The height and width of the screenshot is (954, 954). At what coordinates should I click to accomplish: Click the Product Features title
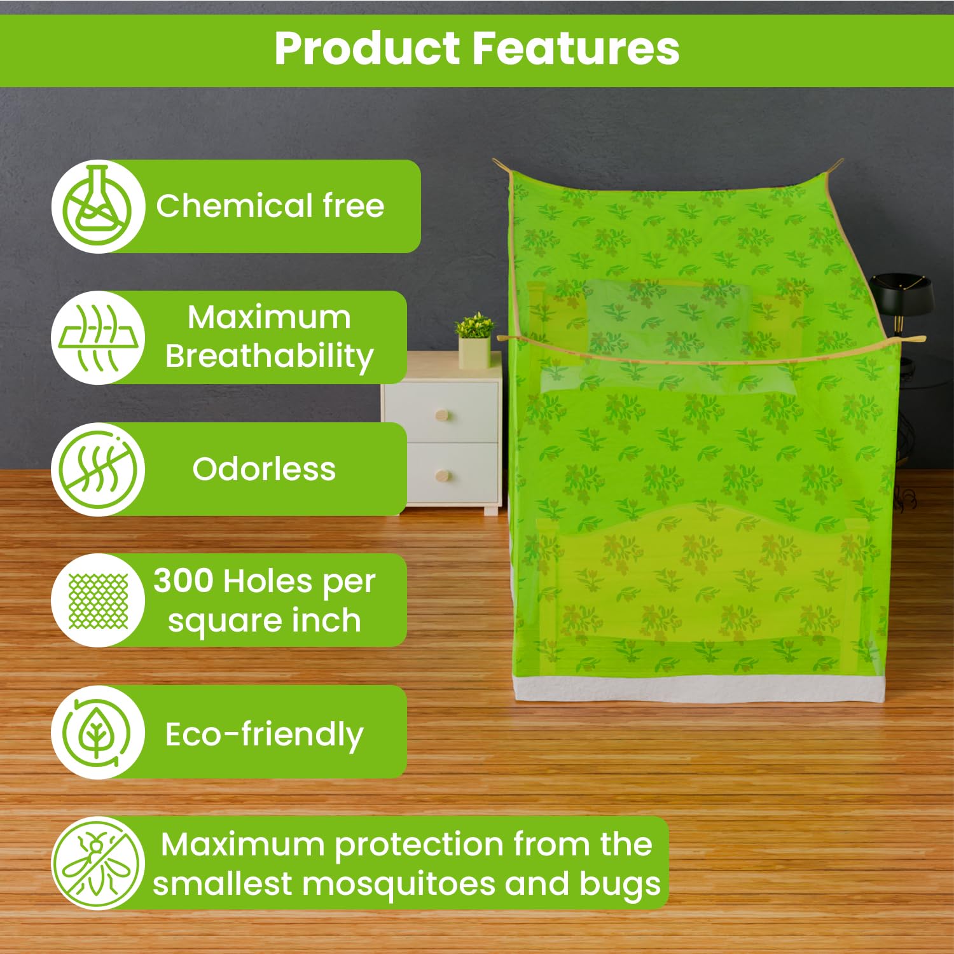(477, 49)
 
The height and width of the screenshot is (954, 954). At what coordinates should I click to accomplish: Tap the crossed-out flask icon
(98, 206)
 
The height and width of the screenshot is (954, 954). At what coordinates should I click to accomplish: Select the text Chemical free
(270, 205)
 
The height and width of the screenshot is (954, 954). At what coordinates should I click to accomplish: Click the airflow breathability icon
(98, 338)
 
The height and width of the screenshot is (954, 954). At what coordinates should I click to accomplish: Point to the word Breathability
(270, 357)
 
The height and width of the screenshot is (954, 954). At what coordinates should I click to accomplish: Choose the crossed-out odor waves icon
(98, 469)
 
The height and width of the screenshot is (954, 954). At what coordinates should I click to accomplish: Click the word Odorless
(264, 469)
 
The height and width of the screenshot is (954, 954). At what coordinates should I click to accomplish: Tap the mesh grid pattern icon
(98, 601)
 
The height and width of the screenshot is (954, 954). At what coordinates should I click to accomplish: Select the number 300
(183, 581)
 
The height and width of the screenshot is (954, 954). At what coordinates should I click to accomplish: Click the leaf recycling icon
(97, 733)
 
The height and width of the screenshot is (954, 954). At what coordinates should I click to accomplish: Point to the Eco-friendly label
(265, 735)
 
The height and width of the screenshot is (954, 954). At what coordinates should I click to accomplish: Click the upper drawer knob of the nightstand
(442, 416)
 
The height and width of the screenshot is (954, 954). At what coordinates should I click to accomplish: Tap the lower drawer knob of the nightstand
(443, 476)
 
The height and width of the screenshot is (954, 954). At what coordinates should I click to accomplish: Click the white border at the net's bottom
(698, 689)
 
